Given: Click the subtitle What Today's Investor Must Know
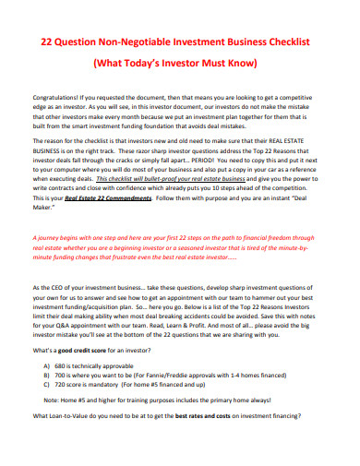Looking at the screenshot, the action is (x=180, y=65).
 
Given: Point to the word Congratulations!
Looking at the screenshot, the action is (x=58, y=96).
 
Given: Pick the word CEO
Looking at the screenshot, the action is (x=66, y=288).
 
